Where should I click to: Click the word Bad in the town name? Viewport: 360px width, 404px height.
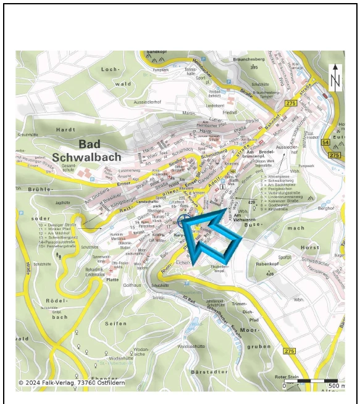coord(91,144)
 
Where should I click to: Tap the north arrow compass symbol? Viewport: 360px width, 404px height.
coord(335,78)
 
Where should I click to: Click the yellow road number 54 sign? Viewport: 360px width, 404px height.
coord(325,142)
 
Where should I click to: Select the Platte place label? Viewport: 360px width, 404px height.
coord(112,279)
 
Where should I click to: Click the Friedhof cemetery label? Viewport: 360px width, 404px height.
coord(230,113)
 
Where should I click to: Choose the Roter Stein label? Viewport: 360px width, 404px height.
coord(288,376)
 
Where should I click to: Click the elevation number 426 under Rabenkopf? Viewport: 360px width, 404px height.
coord(270,274)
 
